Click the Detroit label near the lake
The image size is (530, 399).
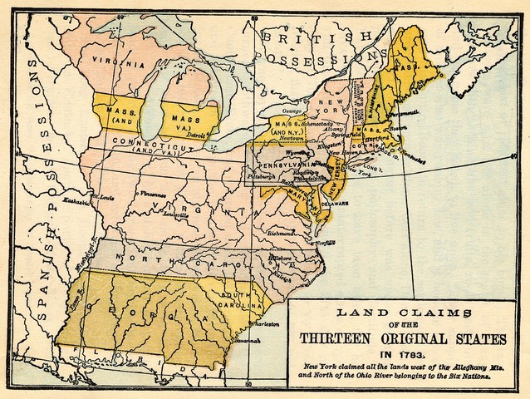coord(196,133)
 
